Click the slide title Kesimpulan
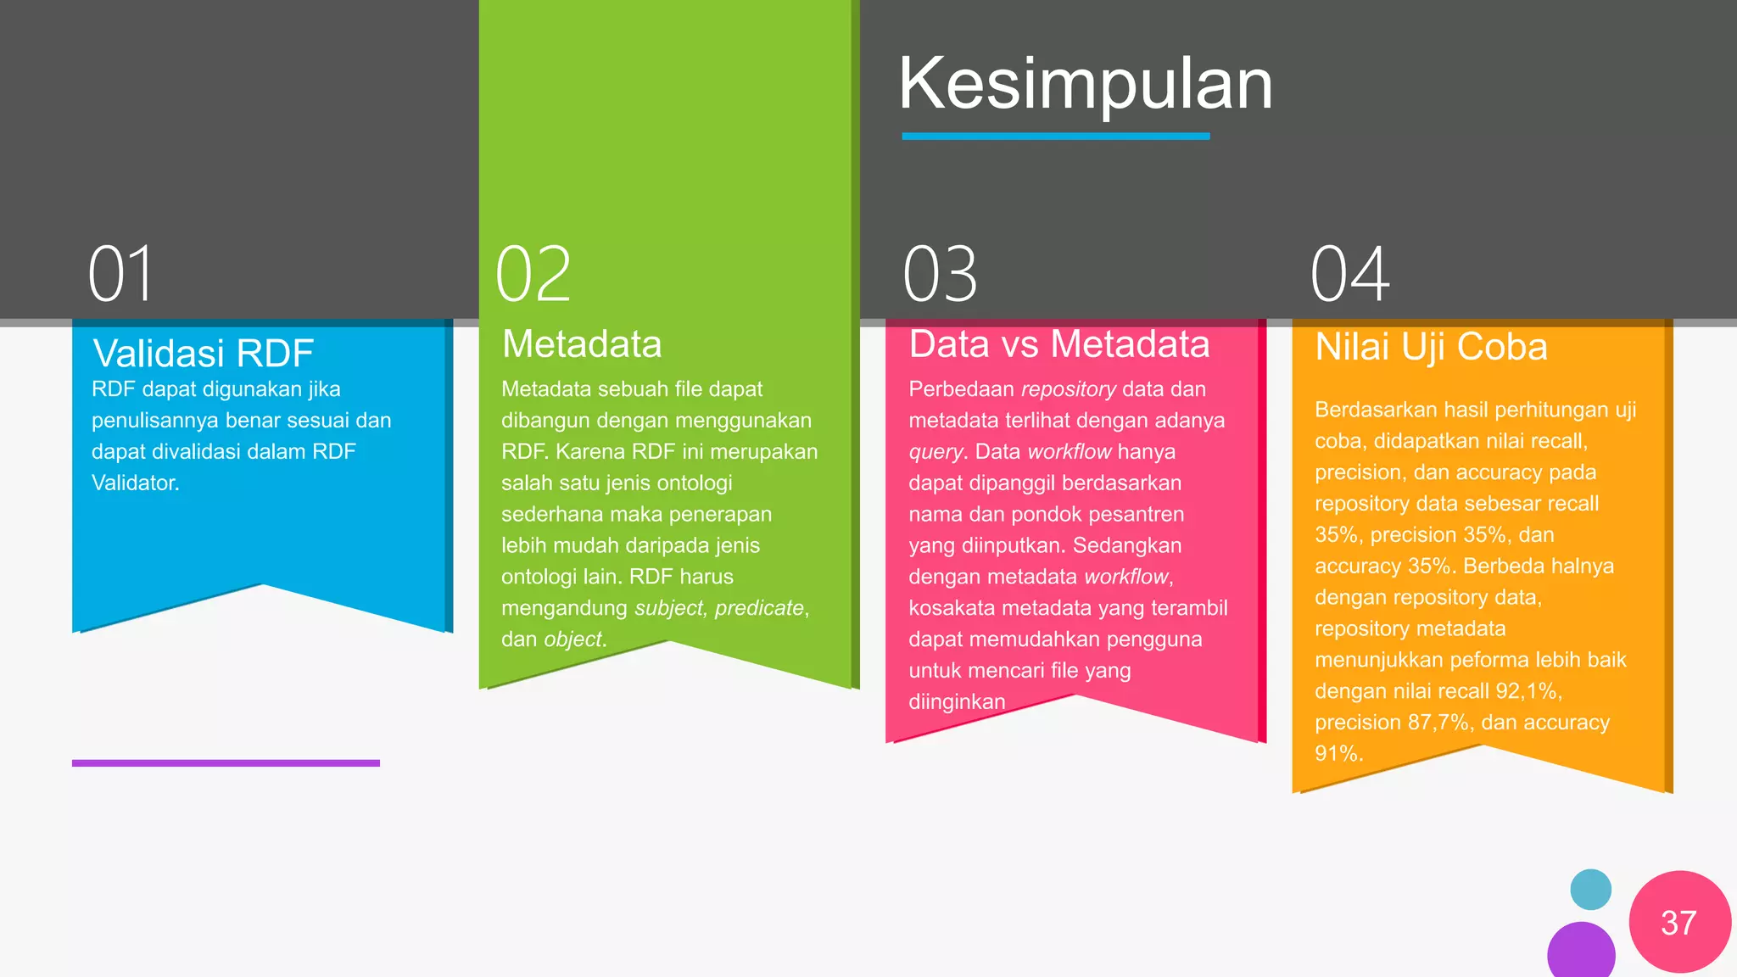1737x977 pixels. click(x=1086, y=85)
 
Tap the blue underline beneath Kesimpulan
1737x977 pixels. click(x=1055, y=136)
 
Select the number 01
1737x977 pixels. click(x=121, y=274)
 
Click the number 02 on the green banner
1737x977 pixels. click(x=533, y=274)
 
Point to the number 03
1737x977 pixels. click(x=940, y=274)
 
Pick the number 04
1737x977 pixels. click(x=1349, y=274)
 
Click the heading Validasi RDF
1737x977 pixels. click(x=204, y=353)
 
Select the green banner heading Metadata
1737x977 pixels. click(x=582, y=344)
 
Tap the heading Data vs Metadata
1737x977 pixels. click(x=1059, y=344)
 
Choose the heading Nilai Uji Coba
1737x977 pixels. click(x=1431, y=347)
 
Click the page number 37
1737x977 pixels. click(x=1678, y=923)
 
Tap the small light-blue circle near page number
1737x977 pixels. click(x=1590, y=890)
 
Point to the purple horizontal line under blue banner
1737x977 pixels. click(x=226, y=763)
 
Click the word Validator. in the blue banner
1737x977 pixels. click(x=136, y=483)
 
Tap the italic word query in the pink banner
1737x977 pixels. click(x=936, y=452)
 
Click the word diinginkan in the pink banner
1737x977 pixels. click(x=957, y=702)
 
